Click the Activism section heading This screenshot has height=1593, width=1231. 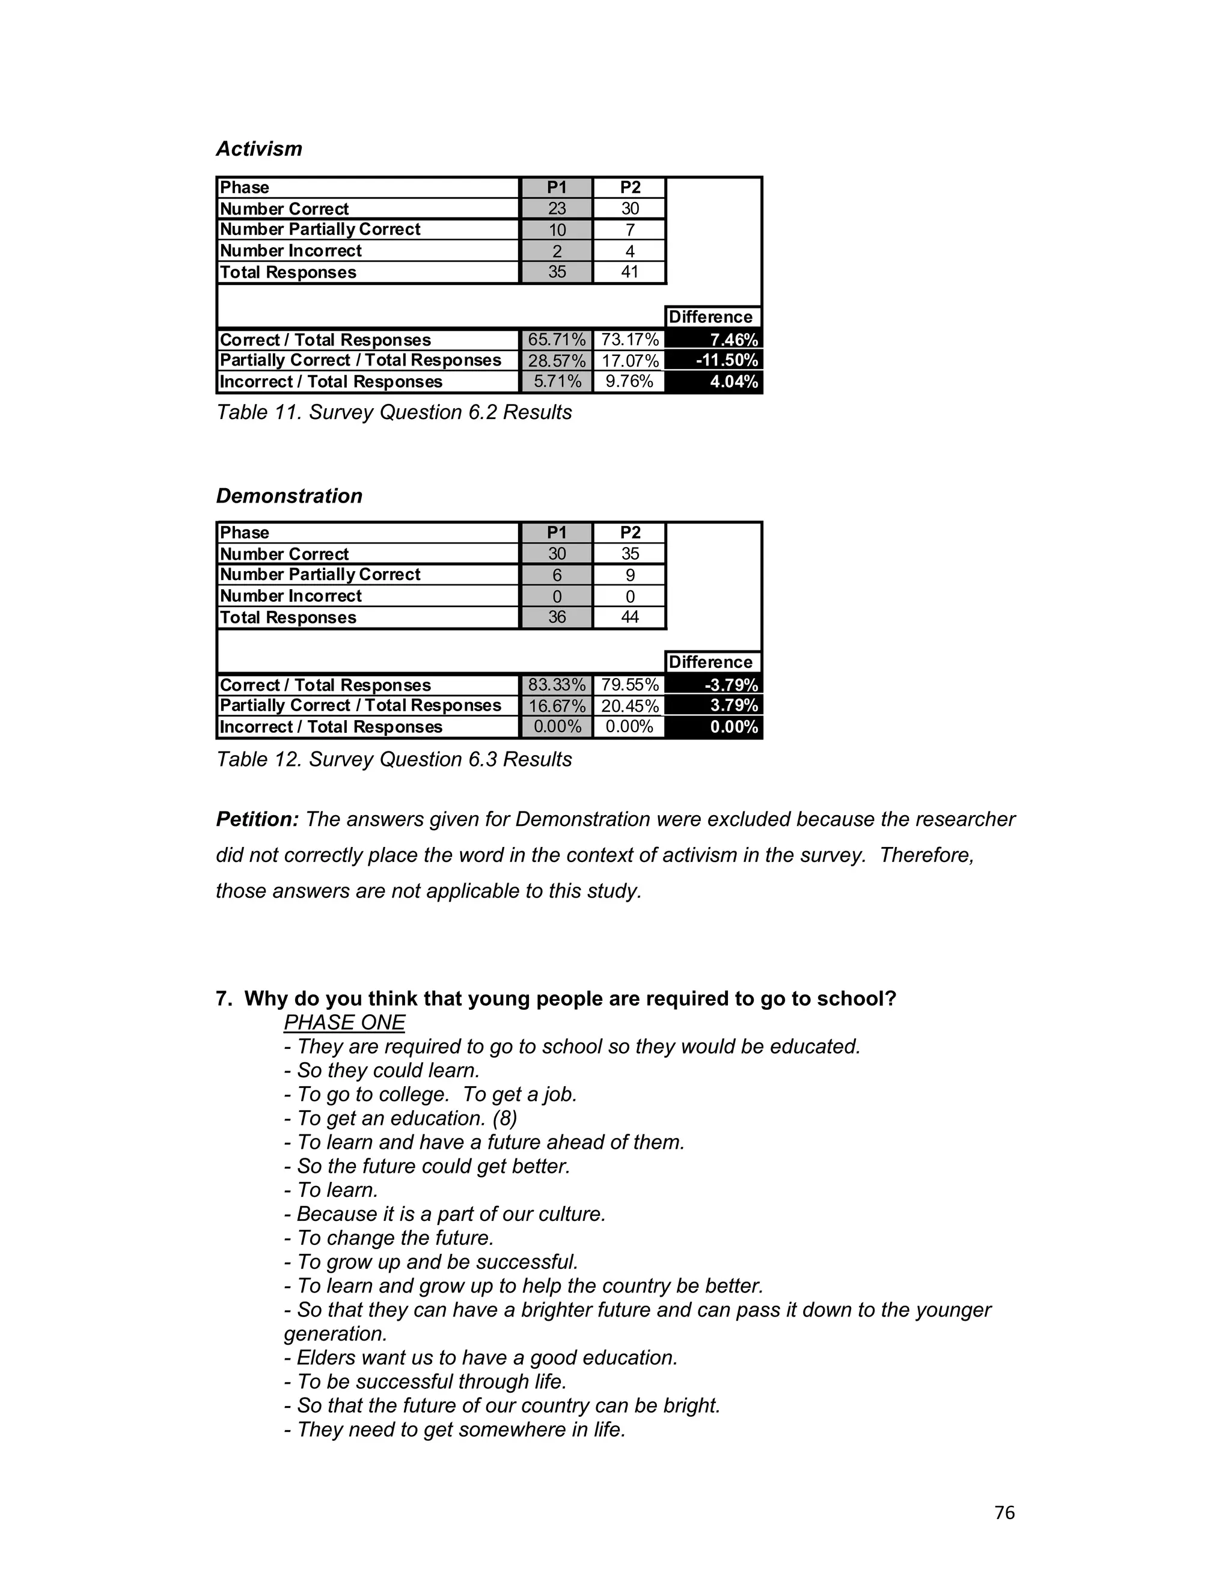259,149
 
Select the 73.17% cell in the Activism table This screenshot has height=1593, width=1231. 629,340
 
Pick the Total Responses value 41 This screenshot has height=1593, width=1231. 629,272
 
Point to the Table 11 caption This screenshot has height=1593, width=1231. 394,412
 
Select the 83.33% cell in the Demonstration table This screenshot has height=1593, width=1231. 557,685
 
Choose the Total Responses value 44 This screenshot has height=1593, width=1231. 629,617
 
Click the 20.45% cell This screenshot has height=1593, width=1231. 629,706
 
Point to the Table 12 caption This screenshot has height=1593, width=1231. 394,759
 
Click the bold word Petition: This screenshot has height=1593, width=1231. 257,819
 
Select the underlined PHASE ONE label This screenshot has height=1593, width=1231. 344,1023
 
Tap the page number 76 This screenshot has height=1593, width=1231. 1004,1513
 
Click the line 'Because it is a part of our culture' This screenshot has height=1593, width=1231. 445,1214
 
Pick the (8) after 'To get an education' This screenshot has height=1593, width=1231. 505,1118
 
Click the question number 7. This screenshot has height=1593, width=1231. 223,998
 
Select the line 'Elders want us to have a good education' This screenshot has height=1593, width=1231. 481,1357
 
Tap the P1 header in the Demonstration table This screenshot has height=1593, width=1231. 557,533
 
